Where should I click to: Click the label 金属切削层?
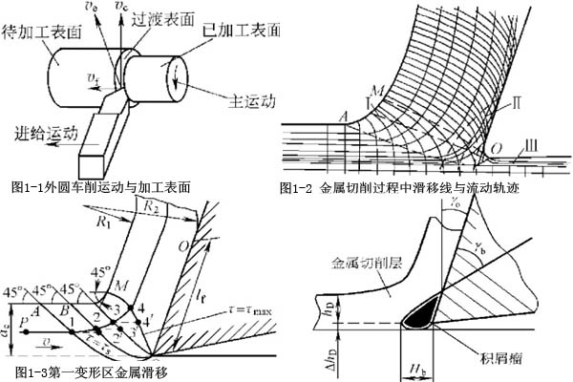(x=366, y=259)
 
